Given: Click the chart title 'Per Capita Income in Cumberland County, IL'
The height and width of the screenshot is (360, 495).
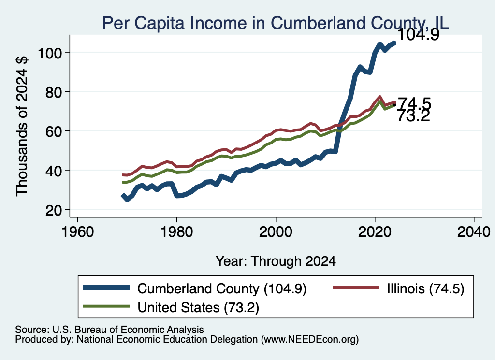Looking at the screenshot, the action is (x=276, y=23).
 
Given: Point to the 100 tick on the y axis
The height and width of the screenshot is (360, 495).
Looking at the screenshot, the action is (x=50, y=53).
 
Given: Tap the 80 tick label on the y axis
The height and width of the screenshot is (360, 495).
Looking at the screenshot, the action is (x=54, y=92).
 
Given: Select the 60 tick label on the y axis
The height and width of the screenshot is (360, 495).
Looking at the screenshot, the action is (x=54, y=131).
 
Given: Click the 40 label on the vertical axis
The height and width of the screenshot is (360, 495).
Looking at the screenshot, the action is (x=54, y=171).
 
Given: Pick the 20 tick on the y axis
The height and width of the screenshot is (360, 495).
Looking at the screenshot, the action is (x=54, y=210).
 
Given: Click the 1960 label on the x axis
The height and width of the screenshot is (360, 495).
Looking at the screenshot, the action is (x=78, y=232).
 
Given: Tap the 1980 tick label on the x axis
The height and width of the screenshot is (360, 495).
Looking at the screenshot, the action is (x=177, y=232).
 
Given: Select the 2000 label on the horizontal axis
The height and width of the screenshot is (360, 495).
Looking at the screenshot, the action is (x=276, y=232).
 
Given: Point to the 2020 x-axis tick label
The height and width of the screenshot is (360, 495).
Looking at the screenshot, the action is (x=375, y=232).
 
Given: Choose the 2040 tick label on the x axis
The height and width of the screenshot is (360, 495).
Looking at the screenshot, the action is (x=474, y=232).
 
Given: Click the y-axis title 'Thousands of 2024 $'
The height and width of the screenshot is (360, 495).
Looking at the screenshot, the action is (x=22, y=126).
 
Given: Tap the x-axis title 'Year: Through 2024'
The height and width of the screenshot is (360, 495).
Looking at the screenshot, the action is (x=276, y=261).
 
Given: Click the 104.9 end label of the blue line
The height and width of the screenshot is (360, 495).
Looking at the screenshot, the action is (x=418, y=34).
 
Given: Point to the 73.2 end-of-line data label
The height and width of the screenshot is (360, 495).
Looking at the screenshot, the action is (x=414, y=116).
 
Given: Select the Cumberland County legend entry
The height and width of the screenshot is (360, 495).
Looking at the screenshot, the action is (x=195, y=288).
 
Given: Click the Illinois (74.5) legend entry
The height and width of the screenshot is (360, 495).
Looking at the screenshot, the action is (x=398, y=288).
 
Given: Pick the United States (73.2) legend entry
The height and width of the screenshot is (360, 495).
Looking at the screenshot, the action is (x=171, y=307).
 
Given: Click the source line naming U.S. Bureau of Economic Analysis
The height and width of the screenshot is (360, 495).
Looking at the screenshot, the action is (x=109, y=330).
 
